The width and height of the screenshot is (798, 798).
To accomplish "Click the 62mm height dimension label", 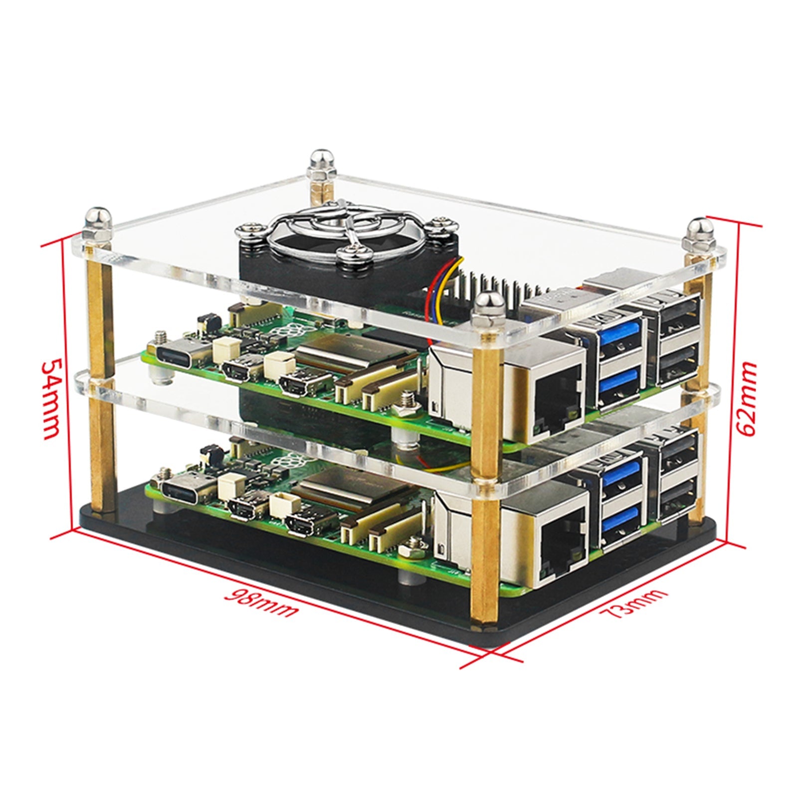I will point(747,399).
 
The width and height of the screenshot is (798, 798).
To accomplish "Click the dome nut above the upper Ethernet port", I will point(484,308).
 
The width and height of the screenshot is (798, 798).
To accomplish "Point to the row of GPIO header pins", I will point(499,287).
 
